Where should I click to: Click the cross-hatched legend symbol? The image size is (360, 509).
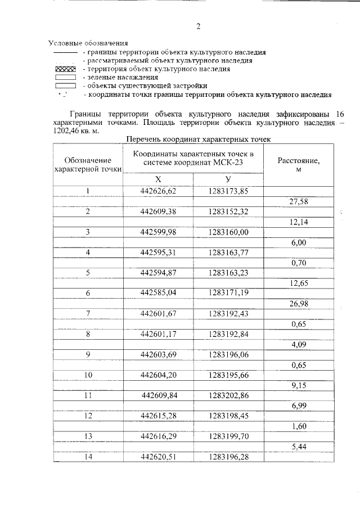point(65,69)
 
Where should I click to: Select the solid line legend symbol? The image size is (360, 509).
point(65,52)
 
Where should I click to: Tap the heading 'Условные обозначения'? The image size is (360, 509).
point(88,43)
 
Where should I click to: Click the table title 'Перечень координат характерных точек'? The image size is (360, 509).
point(199,138)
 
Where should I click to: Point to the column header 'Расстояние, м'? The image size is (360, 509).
point(299,164)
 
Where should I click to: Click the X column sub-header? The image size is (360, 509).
point(158,179)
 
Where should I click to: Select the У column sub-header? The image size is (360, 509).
point(228,179)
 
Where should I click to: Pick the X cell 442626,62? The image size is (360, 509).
point(158,191)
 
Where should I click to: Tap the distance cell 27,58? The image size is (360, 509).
point(299,201)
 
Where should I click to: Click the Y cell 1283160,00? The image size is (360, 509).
point(228,232)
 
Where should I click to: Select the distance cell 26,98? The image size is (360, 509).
point(299,303)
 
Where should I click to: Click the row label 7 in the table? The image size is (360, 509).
point(88,313)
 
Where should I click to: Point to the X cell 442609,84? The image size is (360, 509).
point(158,395)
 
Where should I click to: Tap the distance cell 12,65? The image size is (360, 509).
point(299,283)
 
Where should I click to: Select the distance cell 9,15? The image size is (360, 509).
point(299,385)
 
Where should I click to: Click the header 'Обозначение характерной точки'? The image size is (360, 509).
point(88,164)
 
